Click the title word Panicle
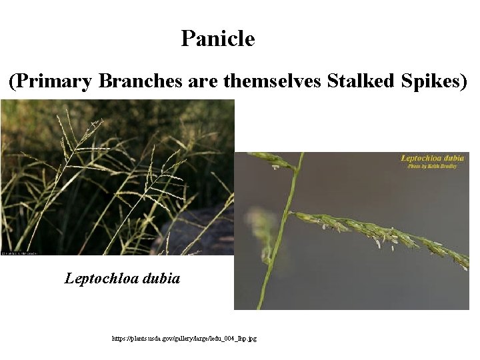(x=217, y=39)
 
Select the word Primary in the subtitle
(x=53, y=81)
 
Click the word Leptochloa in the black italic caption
(x=100, y=279)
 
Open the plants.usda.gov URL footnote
(x=184, y=339)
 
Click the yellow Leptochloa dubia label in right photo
(x=433, y=159)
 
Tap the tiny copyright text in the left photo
(x=19, y=253)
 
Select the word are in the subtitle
(x=204, y=81)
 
